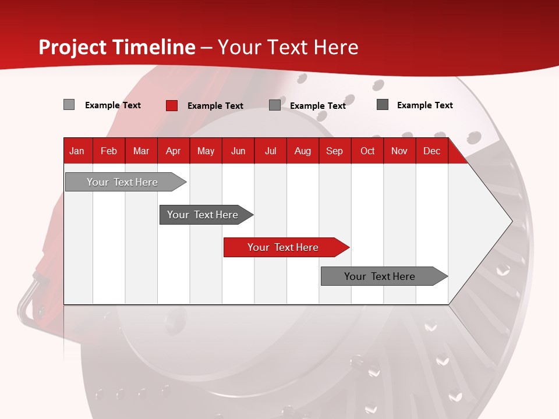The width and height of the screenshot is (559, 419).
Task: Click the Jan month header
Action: click(x=77, y=151)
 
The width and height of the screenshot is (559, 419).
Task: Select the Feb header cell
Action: click(x=109, y=151)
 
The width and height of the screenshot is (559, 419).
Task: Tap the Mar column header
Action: click(x=141, y=151)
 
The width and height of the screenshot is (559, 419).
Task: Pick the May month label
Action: click(x=206, y=151)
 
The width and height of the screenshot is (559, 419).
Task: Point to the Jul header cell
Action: click(x=270, y=151)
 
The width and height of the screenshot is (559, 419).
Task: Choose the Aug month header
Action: click(x=302, y=151)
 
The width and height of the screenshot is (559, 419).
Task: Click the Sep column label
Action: click(x=334, y=151)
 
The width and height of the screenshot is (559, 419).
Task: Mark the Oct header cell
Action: click(x=367, y=151)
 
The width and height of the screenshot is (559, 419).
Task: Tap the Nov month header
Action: click(x=399, y=151)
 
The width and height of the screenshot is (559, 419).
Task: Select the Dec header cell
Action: click(x=431, y=151)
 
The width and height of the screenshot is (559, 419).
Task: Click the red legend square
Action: click(x=172, y=105)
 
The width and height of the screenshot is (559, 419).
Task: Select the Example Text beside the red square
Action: click(x=215, y=106)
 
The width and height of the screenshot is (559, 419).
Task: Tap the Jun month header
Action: click(x=238, y=151)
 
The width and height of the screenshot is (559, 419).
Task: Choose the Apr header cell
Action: click(x=173, y=151)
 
